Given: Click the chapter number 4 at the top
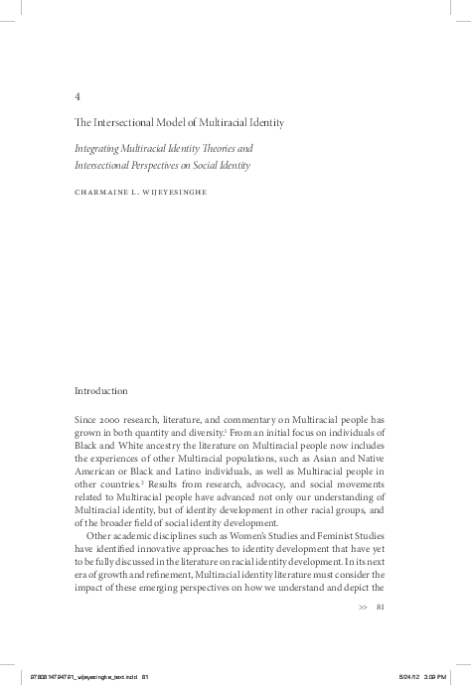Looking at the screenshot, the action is pyautogui.click(x=78, y=97).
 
